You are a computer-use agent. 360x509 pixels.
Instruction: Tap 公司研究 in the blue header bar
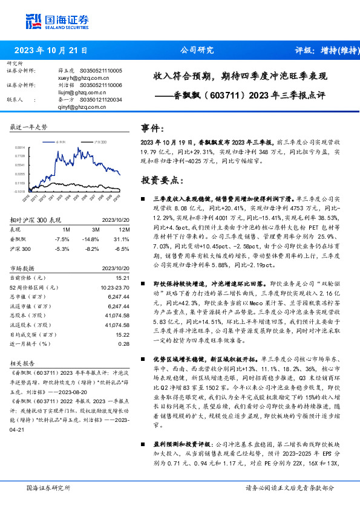[197, 51]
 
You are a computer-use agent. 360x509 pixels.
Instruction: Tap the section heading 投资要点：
[162, 180]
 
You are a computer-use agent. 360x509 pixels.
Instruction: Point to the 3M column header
[95, 229]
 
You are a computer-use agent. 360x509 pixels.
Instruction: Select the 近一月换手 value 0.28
[123, 343]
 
